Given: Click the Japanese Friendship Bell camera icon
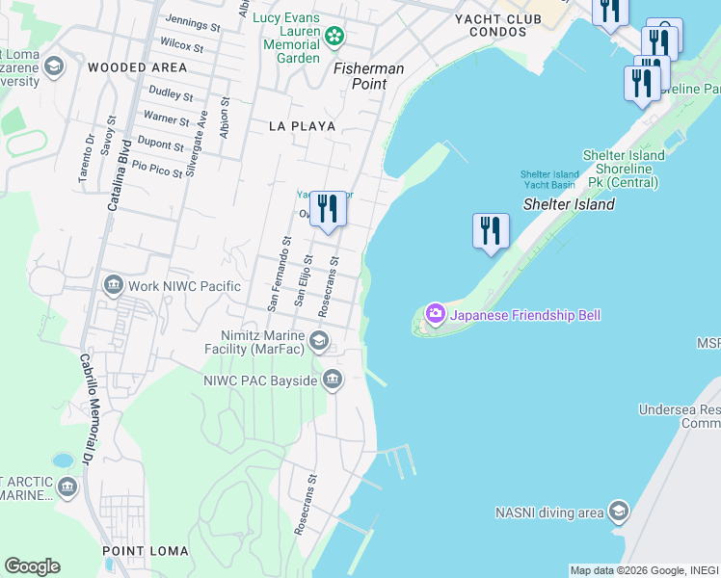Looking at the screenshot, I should pos(436,313).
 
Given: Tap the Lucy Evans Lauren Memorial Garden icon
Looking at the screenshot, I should pos(334,38).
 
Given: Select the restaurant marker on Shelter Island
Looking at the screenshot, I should pos(491,231).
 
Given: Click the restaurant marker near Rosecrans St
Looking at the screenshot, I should pos(328,209).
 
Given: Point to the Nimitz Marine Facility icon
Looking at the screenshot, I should pos(319,341).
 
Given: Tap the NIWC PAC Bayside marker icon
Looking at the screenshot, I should pos(333,381).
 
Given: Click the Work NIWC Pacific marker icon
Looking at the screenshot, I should pos(114,285).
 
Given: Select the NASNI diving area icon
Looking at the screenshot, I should pos(618,511).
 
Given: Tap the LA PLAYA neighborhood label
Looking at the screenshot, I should pos(302,126).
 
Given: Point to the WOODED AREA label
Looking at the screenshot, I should pos(137,67).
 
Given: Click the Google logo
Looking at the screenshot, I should pos(32,565).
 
